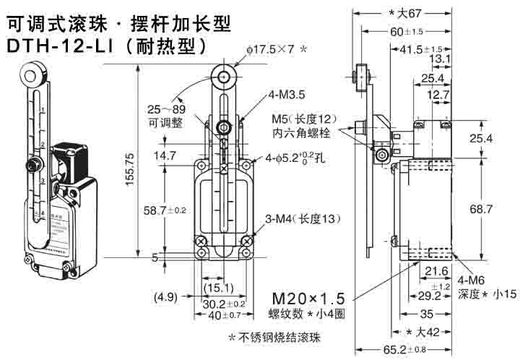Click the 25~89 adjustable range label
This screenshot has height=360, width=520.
coord(165,109)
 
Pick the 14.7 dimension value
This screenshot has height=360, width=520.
coord(165,155)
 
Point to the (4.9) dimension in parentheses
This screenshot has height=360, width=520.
coord(167,296)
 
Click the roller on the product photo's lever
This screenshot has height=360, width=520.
coord(28,74)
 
